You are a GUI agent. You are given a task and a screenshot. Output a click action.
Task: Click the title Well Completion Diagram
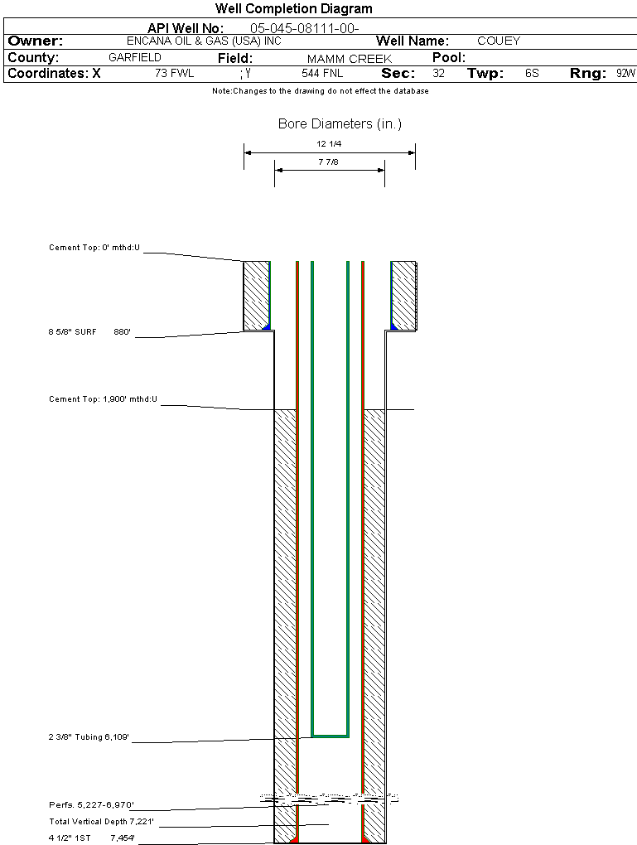point(294,9)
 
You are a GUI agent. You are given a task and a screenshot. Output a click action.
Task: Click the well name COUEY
point(499,41)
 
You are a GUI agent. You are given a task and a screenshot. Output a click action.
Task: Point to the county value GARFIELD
point(135,58)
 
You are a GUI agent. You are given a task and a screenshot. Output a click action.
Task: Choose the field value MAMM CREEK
point(349,59)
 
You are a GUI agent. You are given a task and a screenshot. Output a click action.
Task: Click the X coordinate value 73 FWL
point(174,74)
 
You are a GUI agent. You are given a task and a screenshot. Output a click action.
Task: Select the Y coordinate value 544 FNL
point(322,74)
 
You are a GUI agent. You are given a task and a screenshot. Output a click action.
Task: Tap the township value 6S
point(532,74)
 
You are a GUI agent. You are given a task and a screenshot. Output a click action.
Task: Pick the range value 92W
point(625,74)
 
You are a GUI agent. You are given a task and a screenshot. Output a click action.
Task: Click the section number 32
point(438,74)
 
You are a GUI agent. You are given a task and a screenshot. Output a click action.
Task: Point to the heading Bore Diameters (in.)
point(340,124)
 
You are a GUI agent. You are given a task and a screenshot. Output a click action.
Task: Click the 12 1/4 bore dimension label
point(329,144)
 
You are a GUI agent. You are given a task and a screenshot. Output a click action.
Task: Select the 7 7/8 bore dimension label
point(329,162)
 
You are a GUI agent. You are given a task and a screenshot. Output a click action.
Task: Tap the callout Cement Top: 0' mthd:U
point(94,248)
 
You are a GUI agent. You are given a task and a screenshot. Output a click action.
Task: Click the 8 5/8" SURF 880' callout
point(89,332)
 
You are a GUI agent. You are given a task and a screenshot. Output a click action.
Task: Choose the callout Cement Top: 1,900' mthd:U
point(103,399)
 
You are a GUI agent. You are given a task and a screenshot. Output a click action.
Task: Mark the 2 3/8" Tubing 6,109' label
point(89,736)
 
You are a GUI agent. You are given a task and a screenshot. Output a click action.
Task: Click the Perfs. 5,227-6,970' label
point(91,804)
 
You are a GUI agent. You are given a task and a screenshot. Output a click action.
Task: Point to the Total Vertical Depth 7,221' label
point(102,821)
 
